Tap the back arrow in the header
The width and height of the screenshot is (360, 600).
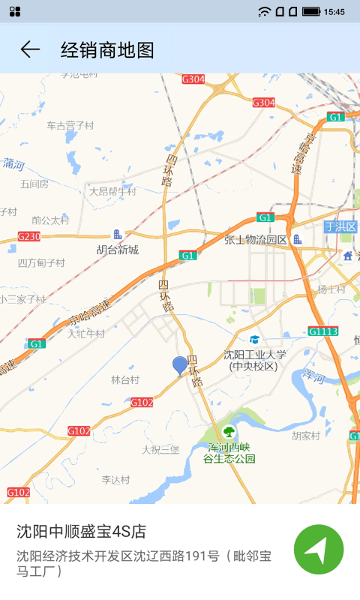pos(30,49)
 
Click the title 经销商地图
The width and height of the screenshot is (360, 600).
pos(107,50)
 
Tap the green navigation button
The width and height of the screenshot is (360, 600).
pos(319,550)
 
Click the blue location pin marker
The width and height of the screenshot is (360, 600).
pos(180,365)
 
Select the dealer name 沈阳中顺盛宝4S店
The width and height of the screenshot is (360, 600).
pos(81,532)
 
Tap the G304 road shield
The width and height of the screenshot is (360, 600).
pos(193,79)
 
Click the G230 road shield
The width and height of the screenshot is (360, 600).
pos(28,236)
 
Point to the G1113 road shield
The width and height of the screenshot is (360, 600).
pos(322,331)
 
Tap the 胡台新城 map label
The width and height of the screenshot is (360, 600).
pos(117,250)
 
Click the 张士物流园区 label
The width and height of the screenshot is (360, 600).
pos(256,240)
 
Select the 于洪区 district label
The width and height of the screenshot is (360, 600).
pos(340,226)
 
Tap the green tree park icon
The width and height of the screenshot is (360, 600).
pos(228,431)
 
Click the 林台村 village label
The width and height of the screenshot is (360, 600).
pos(125,380)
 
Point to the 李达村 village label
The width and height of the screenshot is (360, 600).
pos(115,479)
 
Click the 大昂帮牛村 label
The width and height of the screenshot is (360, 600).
pos(112,191)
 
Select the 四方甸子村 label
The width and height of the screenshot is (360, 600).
pos(41,263)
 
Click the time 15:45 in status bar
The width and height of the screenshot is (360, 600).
pos(334,11)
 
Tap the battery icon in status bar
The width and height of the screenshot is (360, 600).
pos(310,11)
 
